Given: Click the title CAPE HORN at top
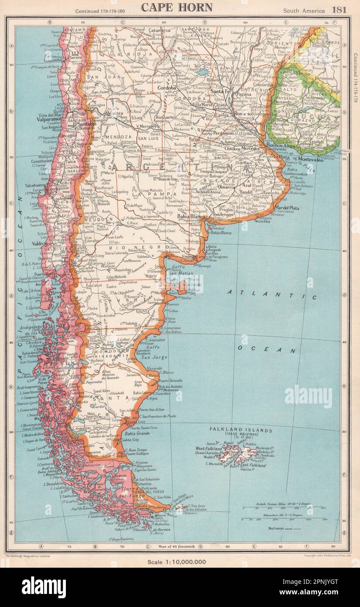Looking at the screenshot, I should click(x=176, y=7).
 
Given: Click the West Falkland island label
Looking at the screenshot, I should click(x=209, y=448).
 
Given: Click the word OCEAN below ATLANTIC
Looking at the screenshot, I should click(x=267, y=350).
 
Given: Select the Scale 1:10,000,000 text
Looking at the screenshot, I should click(x=180, y=561).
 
